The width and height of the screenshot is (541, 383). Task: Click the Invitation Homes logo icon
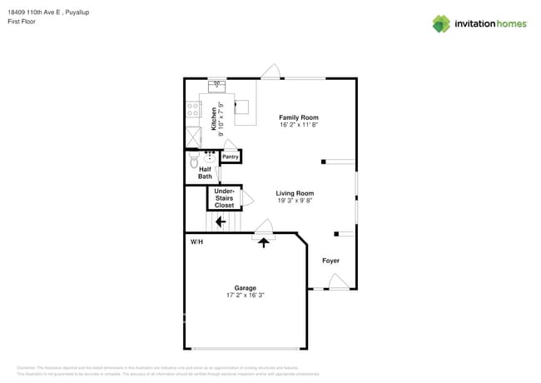441,23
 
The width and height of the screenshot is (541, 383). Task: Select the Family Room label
298,117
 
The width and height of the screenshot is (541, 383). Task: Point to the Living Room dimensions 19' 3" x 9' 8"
295,201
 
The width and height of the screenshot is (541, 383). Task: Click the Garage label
245,287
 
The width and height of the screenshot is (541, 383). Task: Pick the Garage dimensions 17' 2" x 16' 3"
245,295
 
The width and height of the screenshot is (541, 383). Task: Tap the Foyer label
330,261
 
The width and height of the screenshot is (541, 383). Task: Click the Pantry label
230,157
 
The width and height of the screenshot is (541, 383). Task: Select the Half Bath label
205,172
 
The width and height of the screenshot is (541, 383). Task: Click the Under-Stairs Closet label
224,197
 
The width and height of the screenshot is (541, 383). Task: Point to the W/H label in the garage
196,241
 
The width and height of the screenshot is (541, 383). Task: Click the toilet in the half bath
195,159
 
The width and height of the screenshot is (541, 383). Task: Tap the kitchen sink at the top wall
216,84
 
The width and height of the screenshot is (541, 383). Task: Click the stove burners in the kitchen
192,108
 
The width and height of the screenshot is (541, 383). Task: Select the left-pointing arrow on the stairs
220,221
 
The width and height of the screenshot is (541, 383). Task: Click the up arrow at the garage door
265,242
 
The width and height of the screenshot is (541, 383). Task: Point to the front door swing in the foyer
338,283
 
